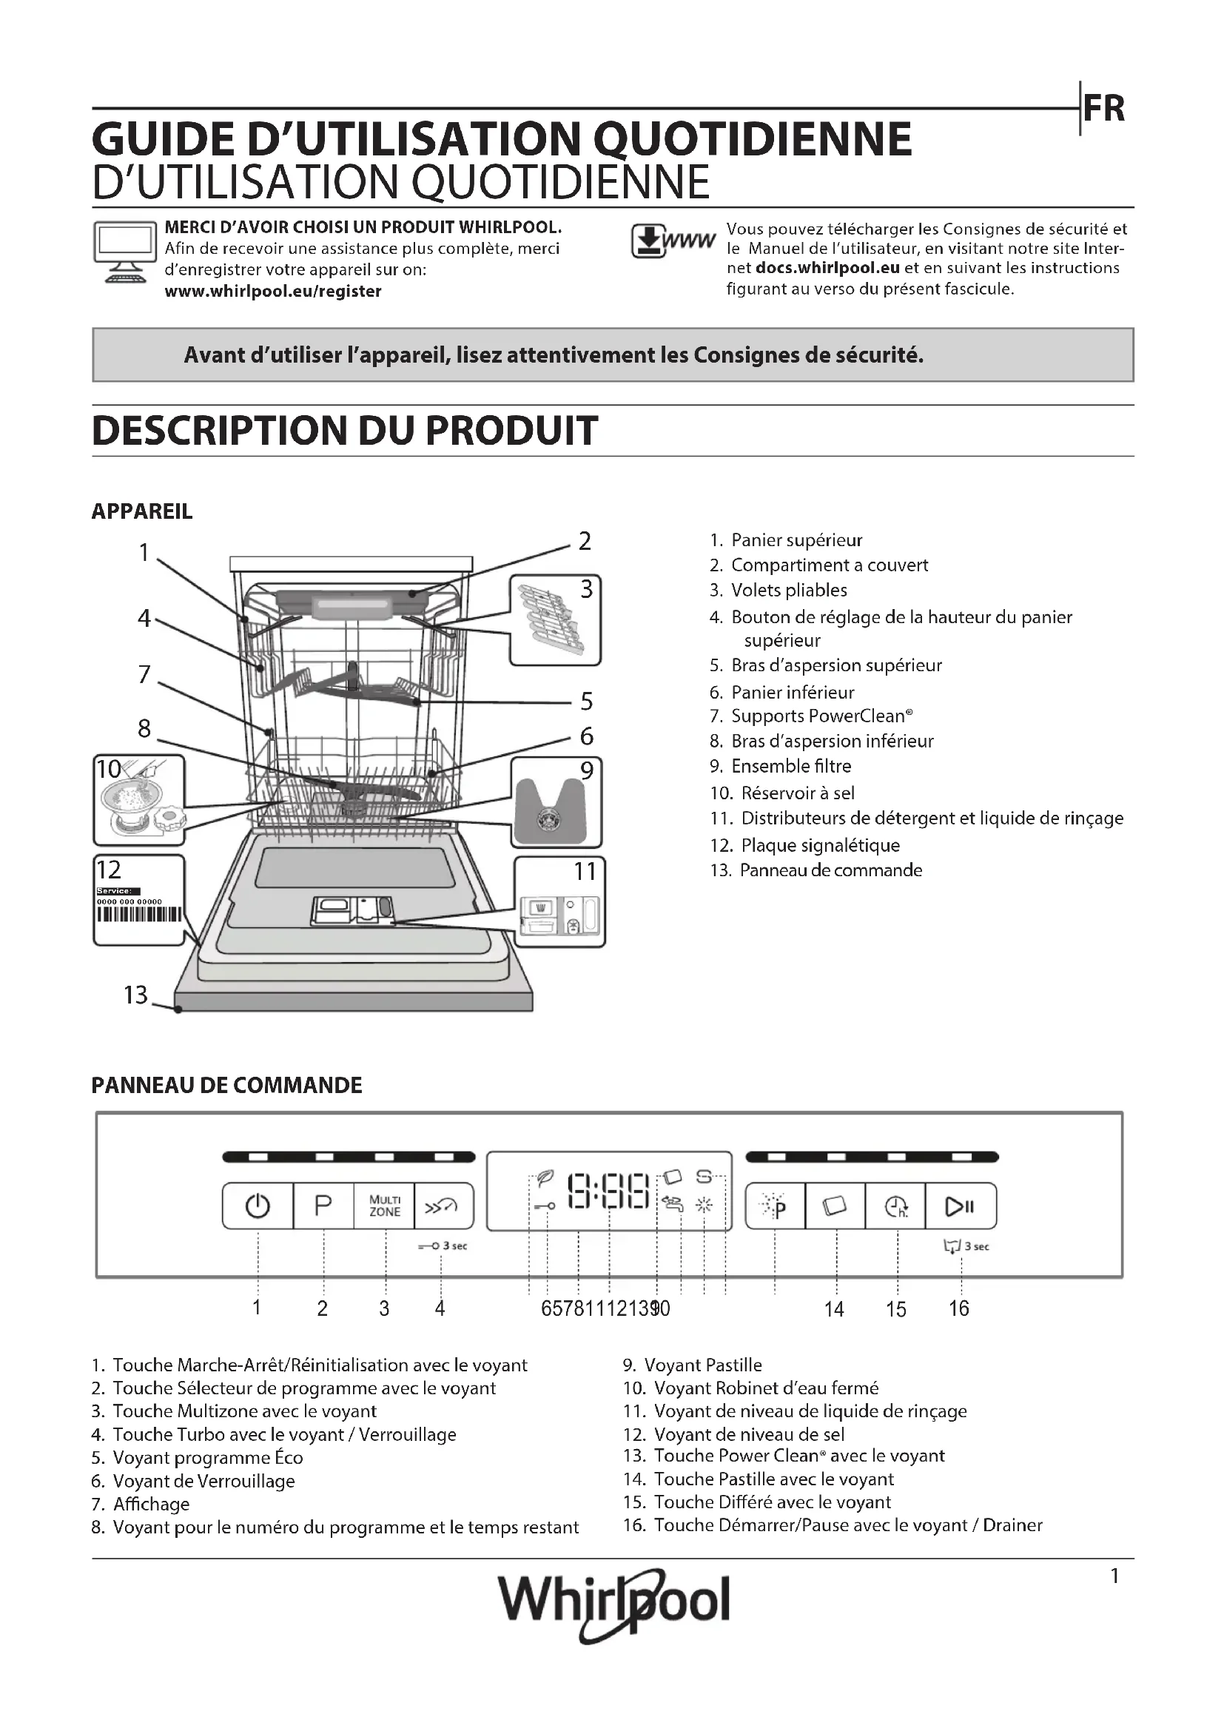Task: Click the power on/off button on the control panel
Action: coord(257,1206)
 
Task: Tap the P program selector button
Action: coord(323,1206)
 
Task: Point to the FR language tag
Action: coord(1103,110)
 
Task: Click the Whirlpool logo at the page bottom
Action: coord(613,1600)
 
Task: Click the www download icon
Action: coord(672,241)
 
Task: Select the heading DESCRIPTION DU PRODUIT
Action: coord(344,431)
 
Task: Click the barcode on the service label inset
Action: coord(138,915)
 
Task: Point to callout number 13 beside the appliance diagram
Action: coord(136,995)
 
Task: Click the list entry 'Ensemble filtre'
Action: coord(790,766)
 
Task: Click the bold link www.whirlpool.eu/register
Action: coord(273,291)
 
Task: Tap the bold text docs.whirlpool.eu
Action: coord(827,268)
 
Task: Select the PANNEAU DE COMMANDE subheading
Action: coord(227,1086)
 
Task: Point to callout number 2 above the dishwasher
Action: coord(585,540)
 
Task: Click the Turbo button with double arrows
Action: coord(443,1206)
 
